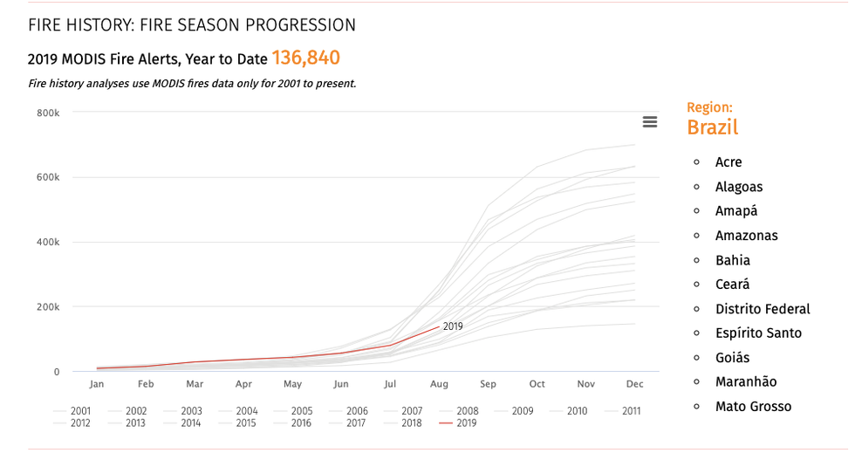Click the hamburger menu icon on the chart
(x=649, y=122)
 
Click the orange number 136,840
(x=305, y=58)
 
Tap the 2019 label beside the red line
(x=453, y=326)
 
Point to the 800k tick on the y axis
(x=47, y=113)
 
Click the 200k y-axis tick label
(x=47, y=307)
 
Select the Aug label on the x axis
(x=439, y=384)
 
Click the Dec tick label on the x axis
(x=634, y=384)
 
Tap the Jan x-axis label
(x=96, y=384)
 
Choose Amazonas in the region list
(x=746, y=236)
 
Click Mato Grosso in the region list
(x=753, y=406)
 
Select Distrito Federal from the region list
(x=762, y=309)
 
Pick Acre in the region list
(x=728, y=162)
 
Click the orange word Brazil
(x=712, y=127)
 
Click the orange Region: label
(x=709, y=107)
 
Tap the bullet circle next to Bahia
(x=696, y=260)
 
